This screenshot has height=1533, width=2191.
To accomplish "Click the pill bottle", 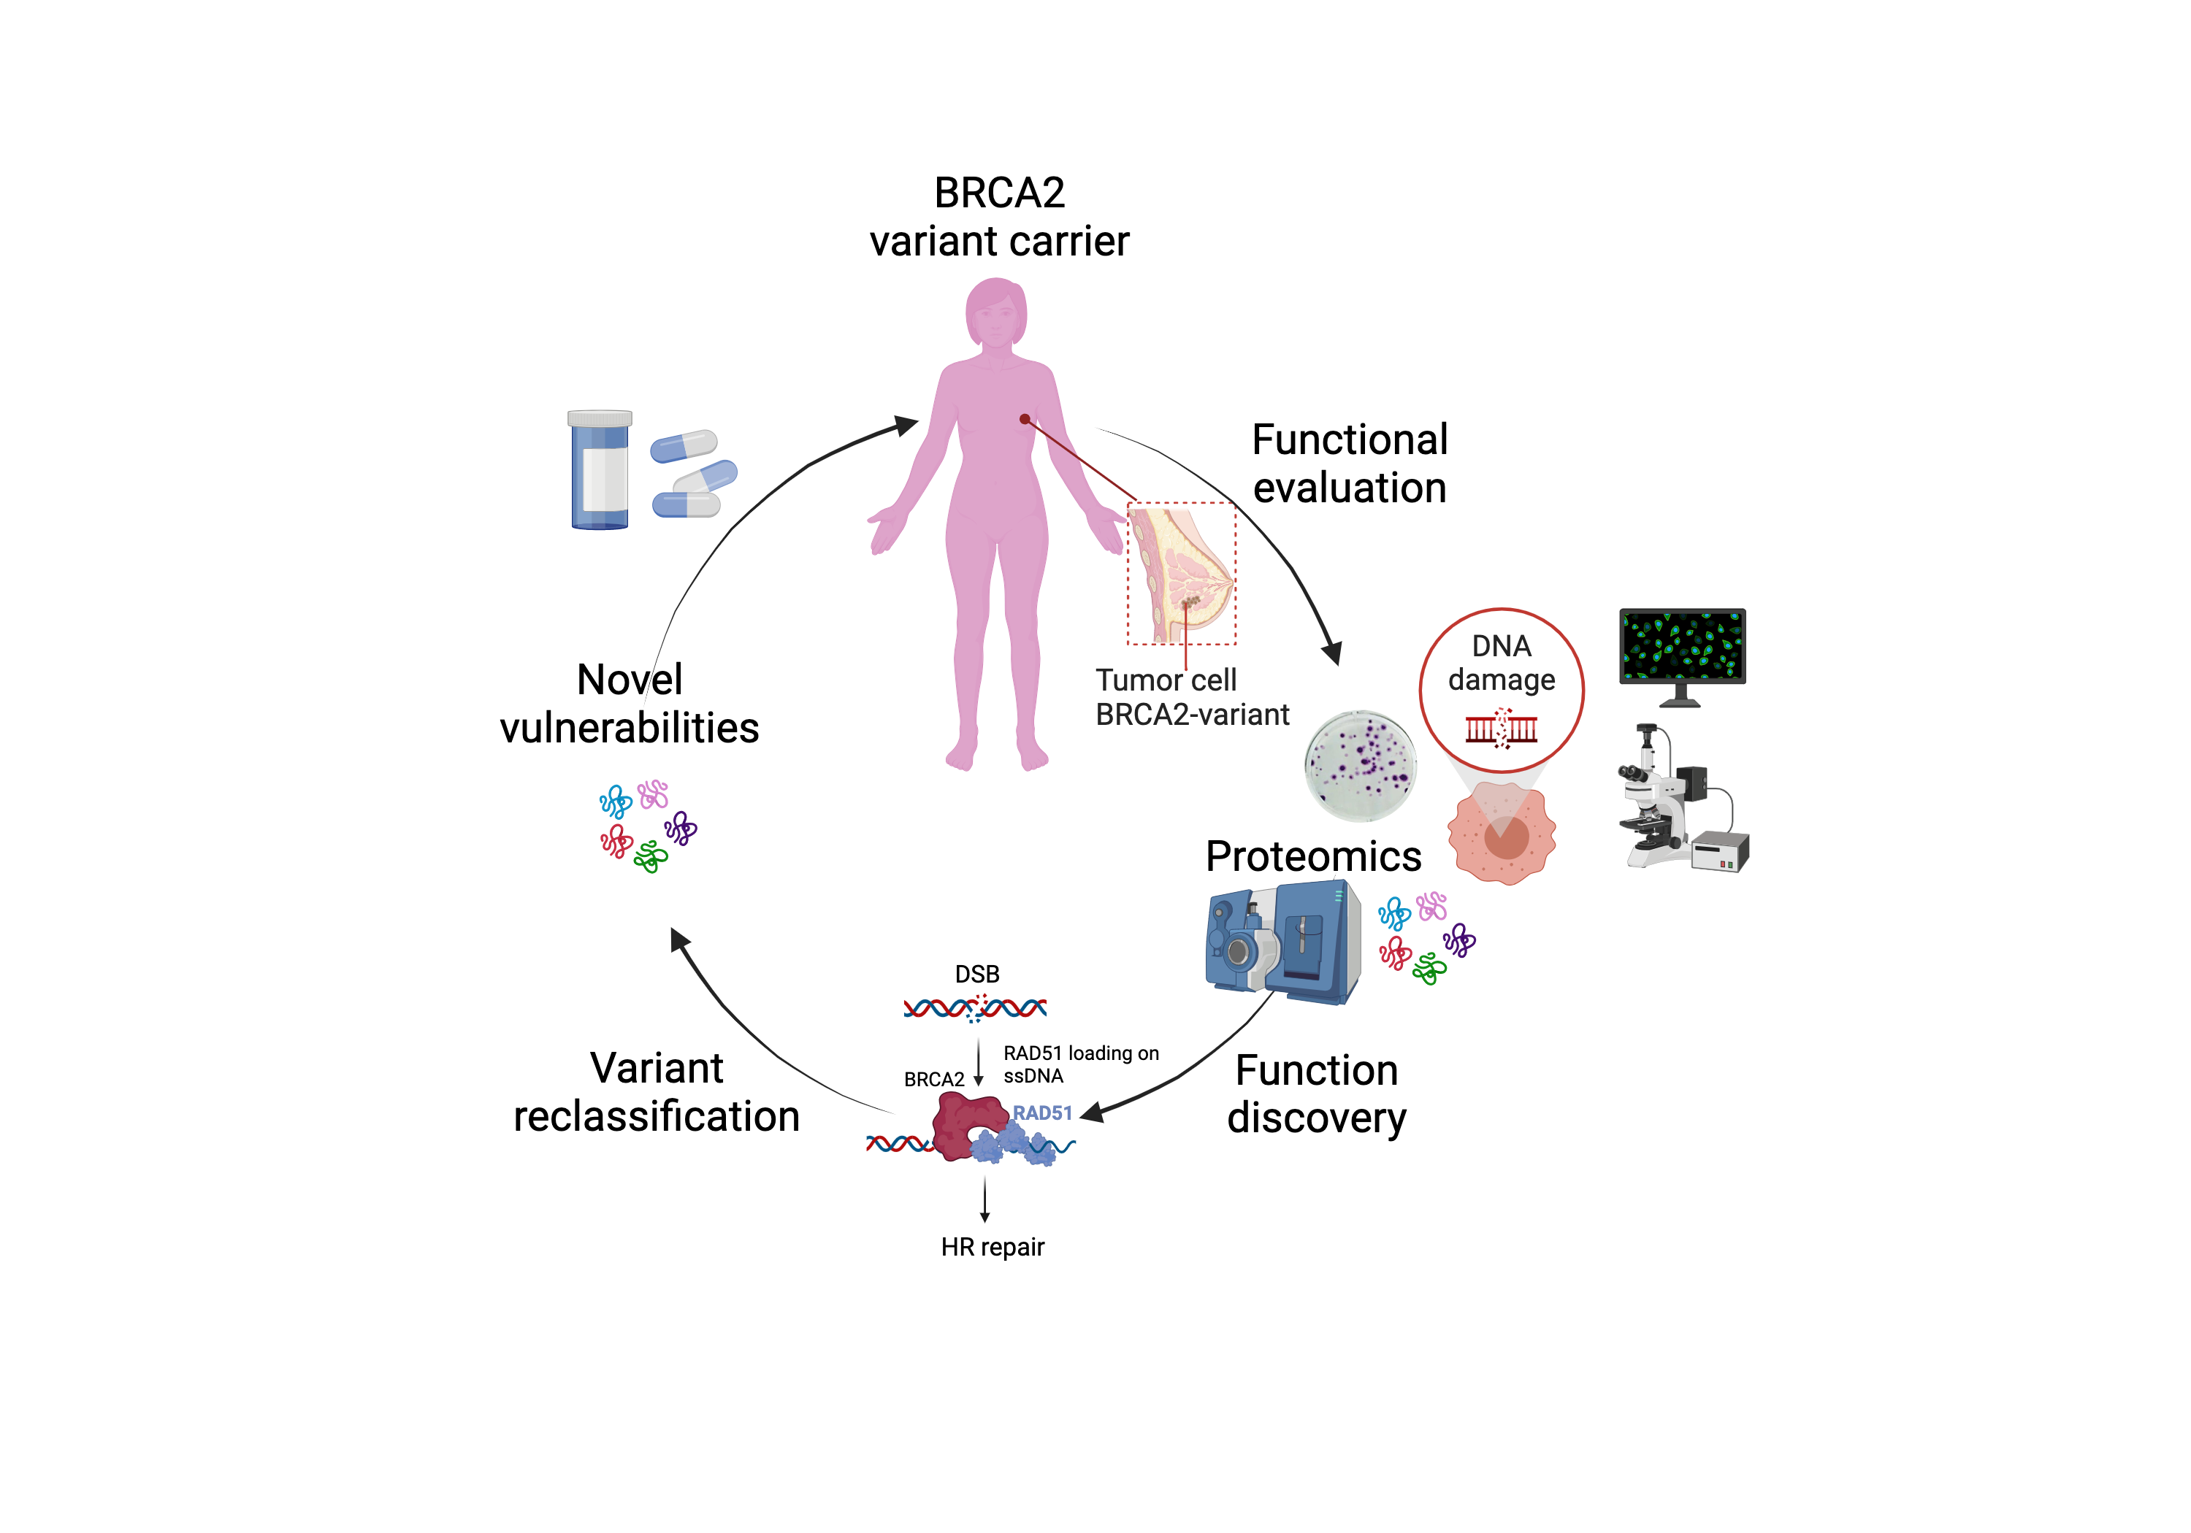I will tap(600, 472).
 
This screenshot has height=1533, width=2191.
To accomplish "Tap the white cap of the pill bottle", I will tap(600, 418).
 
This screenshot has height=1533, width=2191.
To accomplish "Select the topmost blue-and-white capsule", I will tap(684, 445).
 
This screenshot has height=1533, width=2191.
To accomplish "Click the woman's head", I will tap(996, 312).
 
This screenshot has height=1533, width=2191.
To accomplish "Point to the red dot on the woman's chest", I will tap(1024, 419).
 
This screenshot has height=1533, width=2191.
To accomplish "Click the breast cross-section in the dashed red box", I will tap(1182, 573).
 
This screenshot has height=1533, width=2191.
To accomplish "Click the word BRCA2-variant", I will tap(1192, 715).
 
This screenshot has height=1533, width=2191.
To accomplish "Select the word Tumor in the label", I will tap(1136, 680).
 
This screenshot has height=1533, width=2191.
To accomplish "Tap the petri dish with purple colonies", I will tap(1360, 765).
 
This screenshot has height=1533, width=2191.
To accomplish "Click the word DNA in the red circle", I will tap(1501, 646).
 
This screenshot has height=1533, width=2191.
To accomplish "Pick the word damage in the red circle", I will tap(1501, 680).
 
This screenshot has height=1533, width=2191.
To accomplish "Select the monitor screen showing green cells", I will tap(1683, 646).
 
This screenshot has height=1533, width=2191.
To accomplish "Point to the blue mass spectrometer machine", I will tap(1283, 942).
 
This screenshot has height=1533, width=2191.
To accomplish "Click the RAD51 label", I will tap(1042, 1113).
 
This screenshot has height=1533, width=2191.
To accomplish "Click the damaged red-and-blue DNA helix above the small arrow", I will tap(974, 1007).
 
